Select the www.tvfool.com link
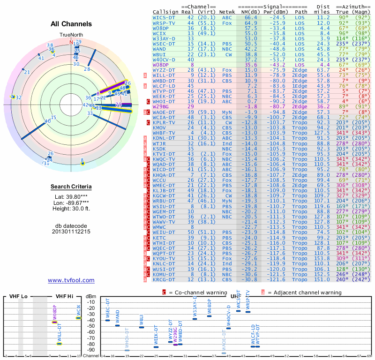point(71,280)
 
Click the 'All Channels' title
point(71,24)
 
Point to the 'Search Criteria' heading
point(71,187)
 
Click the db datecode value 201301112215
point(71,232)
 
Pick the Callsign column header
point(166,12)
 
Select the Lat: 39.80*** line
point(71,197)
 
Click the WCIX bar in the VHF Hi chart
point(79,318)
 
